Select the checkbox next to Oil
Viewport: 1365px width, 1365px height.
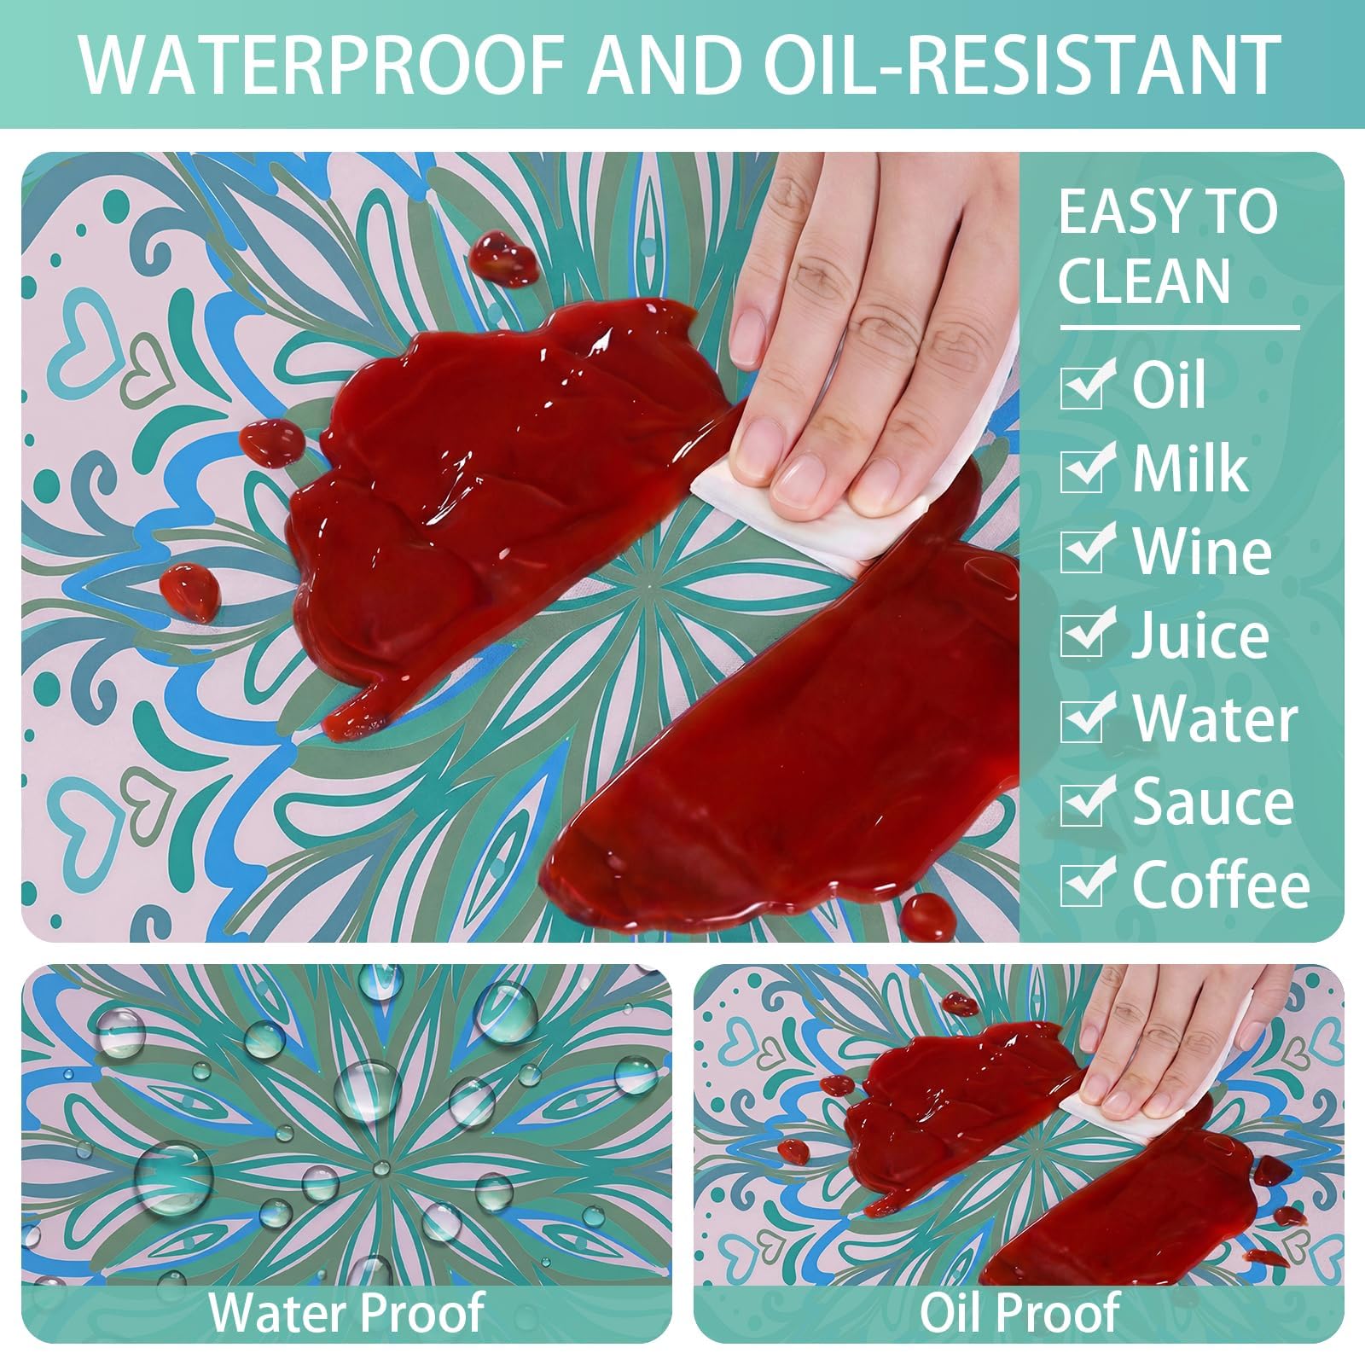(x=1087, y=383)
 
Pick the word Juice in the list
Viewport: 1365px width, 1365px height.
(x=1200, y=636)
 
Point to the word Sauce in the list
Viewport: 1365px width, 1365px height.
(x=1213, y=802)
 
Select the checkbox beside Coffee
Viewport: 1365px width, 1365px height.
(x=1087, y=883)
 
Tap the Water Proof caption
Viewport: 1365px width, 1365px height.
(x=347, y=1311)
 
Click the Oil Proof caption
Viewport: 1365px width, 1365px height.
(x=1019, y=1311)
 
